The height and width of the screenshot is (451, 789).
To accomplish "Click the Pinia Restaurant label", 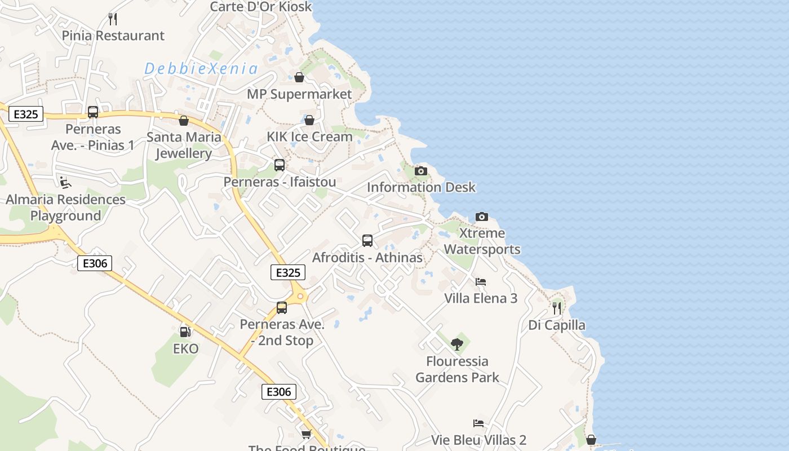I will tap(113, 36).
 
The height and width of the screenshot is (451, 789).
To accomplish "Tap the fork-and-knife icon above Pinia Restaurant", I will tap(113, 19).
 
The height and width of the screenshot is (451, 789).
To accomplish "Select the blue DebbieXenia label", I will tap(201, 69).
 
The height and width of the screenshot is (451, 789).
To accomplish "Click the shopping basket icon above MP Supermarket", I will tap(299, 77).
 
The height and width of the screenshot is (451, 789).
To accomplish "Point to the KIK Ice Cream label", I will tap(309, 136).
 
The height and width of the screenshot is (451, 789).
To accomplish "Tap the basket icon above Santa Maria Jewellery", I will tap(184, 121).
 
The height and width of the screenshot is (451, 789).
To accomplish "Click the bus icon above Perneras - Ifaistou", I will tap(280, 165).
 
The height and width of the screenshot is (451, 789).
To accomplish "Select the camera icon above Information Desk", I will tap(421, 171).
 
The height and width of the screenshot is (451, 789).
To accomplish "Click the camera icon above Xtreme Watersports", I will tap(482, 216).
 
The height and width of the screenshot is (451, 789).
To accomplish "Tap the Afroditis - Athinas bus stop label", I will tap(367, 258).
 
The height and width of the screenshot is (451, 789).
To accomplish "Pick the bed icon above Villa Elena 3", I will tap(481, 282).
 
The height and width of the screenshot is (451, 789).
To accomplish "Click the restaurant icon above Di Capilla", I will tap(557, 308).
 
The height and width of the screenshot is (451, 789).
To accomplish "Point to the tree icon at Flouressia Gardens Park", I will tap(457, 344).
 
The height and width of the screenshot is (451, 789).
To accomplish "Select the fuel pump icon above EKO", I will tap(185, 332).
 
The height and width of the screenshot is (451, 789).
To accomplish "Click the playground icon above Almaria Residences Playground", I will tap(65, 182).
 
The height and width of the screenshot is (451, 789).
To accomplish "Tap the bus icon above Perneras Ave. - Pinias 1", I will tap(93, 112).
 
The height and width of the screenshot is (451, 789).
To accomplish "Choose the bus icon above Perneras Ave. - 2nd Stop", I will tap(282, 308).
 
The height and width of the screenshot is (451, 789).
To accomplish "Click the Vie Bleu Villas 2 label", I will tap(478, 440).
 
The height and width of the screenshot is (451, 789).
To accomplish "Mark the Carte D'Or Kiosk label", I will tap(260, 7).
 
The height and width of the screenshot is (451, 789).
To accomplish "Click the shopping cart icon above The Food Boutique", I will tap(306, 434).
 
